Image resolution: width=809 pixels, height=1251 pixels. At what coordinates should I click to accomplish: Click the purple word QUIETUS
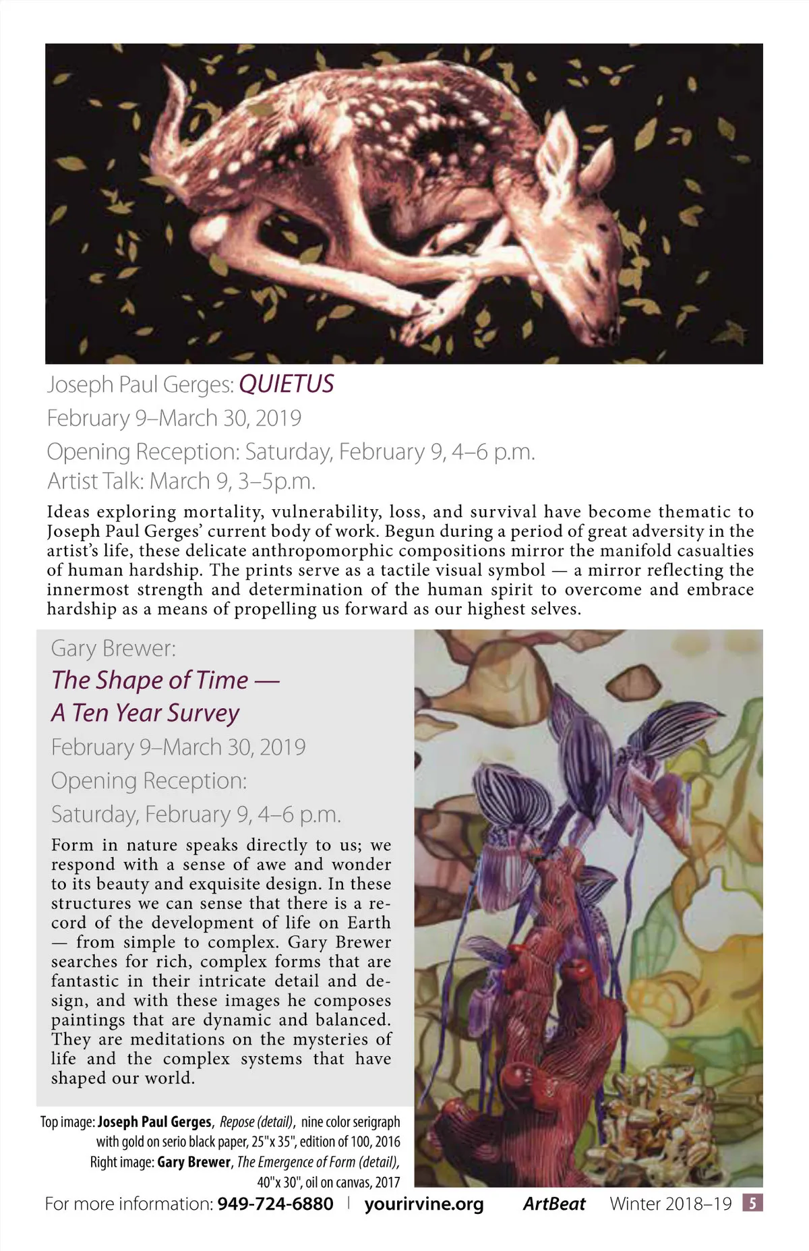click(x=287, y=384)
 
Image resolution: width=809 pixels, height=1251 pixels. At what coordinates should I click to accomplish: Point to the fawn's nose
click(x=609, y=332)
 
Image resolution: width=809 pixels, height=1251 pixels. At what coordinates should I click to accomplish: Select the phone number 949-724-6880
click(x=275, y=1204)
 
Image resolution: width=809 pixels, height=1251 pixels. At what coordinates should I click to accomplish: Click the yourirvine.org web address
click(x=424, y=1204)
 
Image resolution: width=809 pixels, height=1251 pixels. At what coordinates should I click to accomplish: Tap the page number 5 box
click(x=752, y=1203)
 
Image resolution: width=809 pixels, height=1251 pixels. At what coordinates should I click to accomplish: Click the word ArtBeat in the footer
click(x=554, y=1204)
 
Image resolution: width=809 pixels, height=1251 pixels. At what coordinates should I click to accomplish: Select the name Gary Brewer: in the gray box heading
click(x=113, y=648)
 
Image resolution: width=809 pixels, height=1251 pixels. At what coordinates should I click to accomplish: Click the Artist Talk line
click(x=181, y=481)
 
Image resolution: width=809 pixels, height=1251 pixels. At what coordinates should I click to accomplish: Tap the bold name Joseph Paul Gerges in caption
click(x=154, y=1122)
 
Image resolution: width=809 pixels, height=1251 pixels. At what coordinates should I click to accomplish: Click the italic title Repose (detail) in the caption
click(x=256, y=1122)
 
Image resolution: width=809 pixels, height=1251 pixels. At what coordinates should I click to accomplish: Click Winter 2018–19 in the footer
click(x=671, y=1204)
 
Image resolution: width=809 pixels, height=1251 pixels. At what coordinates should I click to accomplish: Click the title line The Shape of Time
click(x=165, y=680)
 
